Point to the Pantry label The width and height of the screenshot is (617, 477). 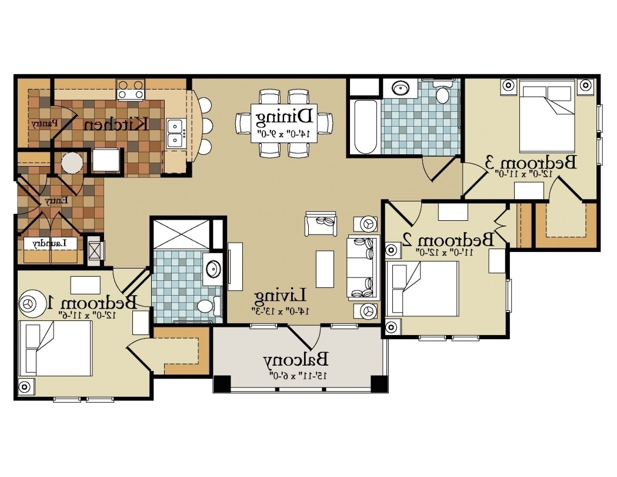pyautogui.click(x=44, y=124)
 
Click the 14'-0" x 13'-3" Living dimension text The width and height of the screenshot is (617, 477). pyautogui.click(x=279, y=309)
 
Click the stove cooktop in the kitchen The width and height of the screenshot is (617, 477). pyautogui.click(x=131, y=90)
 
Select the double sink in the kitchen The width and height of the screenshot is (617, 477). pyautogui.click(x=175, y=133)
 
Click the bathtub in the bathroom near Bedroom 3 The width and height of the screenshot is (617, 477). pyautogui.click(x=365, y=127)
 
